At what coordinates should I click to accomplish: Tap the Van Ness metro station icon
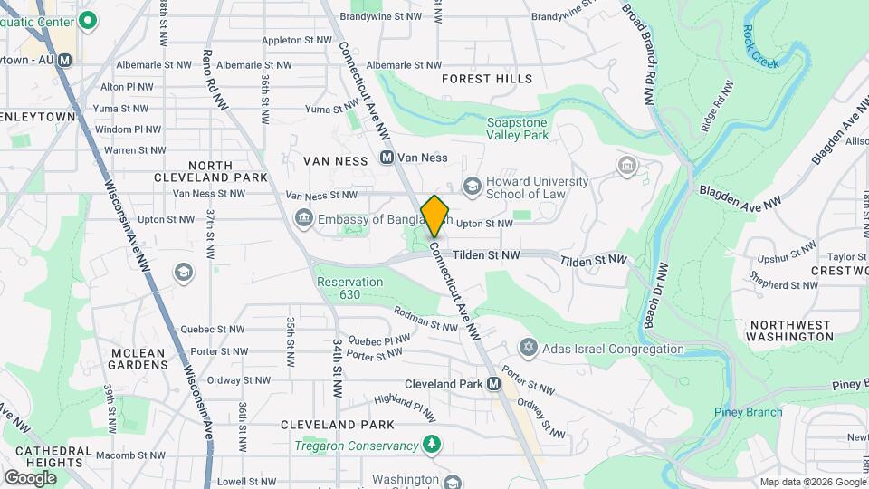[387, 158]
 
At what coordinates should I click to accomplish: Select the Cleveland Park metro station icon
[493, 384]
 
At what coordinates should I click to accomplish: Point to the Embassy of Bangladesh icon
[304, 218]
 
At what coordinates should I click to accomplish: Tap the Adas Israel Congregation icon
[528, 349]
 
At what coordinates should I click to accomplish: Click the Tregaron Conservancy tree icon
[434, 445]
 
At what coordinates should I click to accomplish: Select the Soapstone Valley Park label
[518, 129]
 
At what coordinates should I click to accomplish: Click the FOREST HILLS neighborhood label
[487, 79]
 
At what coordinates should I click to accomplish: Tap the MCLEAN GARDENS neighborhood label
[138, 359]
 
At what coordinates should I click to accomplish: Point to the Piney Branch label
[747, 412]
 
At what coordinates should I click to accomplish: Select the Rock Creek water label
[760, 45]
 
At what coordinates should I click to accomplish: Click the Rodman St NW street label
[426, 319]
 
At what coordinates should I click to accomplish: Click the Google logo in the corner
[30, 477]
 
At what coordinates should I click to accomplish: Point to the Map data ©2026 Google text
[812, 482]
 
